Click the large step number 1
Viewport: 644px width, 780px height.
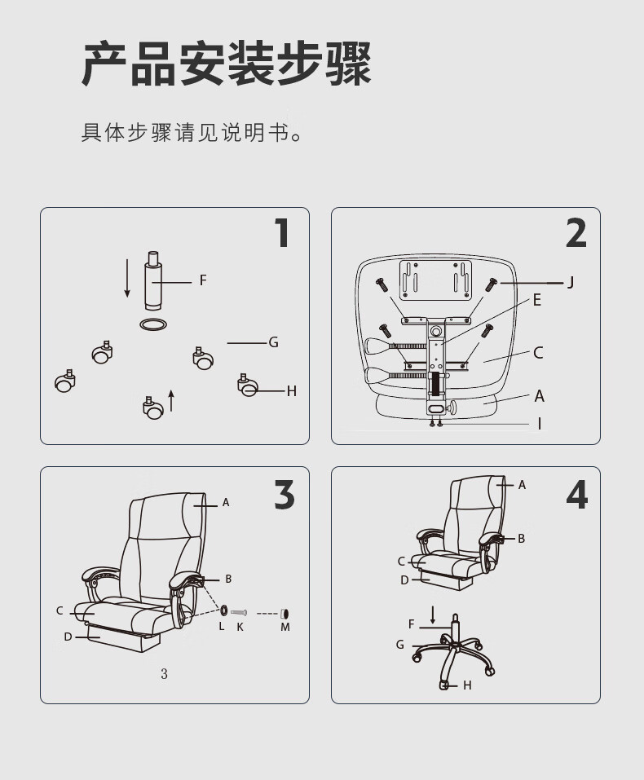283,233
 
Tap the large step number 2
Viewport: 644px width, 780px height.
576,233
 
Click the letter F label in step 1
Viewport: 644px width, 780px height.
203,280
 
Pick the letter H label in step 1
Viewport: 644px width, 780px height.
292,391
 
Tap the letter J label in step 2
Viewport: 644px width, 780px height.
571,283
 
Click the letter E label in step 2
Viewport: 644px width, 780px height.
536,300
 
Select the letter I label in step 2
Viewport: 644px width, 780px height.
540,424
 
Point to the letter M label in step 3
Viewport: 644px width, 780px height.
285,628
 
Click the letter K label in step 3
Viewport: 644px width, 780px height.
240,628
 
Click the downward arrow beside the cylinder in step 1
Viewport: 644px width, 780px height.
127,278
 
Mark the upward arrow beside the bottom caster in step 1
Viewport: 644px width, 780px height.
171,401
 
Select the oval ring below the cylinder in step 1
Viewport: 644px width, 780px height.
153,325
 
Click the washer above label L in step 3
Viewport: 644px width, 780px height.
224,610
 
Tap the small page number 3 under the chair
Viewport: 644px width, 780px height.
164,674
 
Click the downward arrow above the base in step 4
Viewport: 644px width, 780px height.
433,615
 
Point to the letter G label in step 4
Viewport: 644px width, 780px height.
400,645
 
